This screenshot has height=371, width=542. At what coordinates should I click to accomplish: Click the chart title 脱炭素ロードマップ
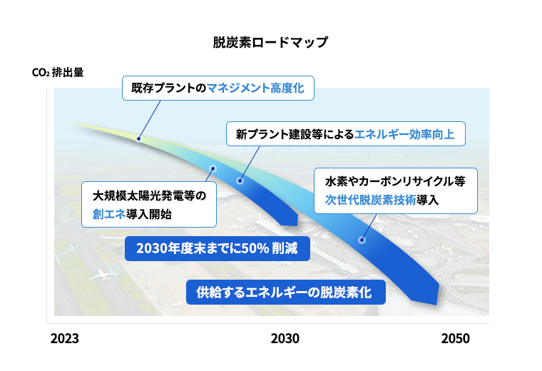click(270, 42)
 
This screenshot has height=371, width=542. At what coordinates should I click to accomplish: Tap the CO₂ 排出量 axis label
click(58, 72)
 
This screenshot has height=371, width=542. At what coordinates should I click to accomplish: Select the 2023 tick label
click(65, 338)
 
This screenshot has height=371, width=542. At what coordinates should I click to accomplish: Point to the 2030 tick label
click(285, 338)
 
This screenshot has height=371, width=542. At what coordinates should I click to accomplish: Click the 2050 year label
click(455, 338)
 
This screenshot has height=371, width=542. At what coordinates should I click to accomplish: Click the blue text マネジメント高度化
click(255, 88)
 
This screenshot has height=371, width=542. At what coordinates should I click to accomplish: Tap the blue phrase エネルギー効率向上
click(404, 134)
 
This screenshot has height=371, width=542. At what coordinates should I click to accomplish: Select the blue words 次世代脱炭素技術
click(370, 200)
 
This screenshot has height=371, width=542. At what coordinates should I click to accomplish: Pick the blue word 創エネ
click(109, 214)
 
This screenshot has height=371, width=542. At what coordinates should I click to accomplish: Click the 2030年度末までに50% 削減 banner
click(217, 248)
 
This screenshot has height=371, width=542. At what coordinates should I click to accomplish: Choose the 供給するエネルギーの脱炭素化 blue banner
click(285, 293)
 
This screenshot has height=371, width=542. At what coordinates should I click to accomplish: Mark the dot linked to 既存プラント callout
click(138, 138)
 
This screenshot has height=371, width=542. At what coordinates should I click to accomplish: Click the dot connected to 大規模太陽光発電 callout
click(213, 168)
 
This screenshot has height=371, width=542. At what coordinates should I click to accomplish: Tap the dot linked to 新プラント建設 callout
click(240, 181)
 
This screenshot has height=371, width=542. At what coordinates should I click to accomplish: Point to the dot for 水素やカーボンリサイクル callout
click(362, 240)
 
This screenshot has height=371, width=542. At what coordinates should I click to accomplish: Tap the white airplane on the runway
click(102, 275)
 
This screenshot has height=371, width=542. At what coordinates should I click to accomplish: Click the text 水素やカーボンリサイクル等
click(395, 181)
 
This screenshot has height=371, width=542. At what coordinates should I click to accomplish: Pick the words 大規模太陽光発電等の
click(149, 196)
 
